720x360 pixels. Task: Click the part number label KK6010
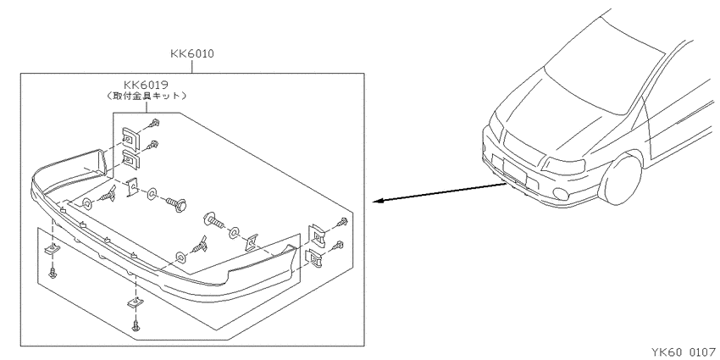pyautogui.click(x=192, y=53)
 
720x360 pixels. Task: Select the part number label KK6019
pyautogui.click(x=146, y=85)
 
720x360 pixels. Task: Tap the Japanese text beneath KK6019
pyautogui.click(x=146, y=96)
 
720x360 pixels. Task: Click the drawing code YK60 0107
pyautogui.click(x=684, y=352)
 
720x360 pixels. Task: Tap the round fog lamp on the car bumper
pyautogui.click(x=560, y=194)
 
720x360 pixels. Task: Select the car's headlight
pyautogui.click(x=564, y=166)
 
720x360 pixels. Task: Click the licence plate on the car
pyautogui.click(x=514, y=169)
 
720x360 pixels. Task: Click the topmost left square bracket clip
pyautogui.click(x=130, y=137)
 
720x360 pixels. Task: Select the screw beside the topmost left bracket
pyautogui.click(x=155, y=124)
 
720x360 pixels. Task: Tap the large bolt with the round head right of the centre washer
pyautogui.click(x=177, y=204)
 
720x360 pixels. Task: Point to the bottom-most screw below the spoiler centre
pyautogui.click(x=136, y=324)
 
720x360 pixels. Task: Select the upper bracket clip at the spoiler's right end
pyautogui.click(x=317, y=235)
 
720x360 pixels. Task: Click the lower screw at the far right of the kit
pyautogui.click(x=338, y=245)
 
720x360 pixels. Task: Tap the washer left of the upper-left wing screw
pyautogui.click(x=86, y=202)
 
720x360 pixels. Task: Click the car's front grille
pyautogui.click(x=523, y=143)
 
